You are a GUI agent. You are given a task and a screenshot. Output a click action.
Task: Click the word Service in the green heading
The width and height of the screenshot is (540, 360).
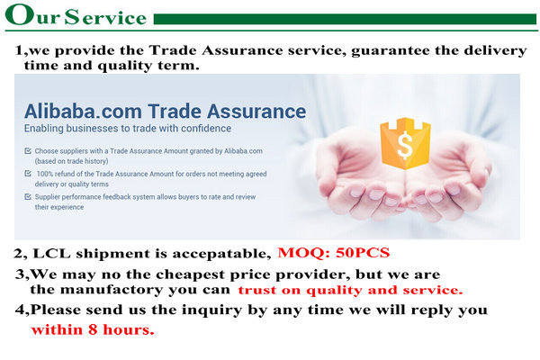click(x=105, y=17)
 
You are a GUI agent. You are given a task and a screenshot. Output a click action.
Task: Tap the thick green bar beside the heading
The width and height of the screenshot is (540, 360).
click(x=345, y=19)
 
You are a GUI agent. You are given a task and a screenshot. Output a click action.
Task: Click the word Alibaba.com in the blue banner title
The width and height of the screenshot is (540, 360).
click(x=83, y=112)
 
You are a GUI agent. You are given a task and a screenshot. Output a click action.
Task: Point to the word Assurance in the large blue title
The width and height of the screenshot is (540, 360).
click(x=256, y=112)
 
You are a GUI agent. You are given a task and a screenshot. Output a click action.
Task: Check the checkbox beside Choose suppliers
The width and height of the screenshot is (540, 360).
click(x=28, y=151)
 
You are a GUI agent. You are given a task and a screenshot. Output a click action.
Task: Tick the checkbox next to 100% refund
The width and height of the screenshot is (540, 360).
click(x=28, y=174)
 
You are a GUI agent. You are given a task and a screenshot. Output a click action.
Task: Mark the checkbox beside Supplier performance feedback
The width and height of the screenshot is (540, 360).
click(x=28, y=197)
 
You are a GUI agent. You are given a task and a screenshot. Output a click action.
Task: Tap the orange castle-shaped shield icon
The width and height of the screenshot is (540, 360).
click(x=405, y=143)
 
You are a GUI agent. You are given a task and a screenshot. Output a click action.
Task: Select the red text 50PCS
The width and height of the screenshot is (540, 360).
click(x=363, y=253)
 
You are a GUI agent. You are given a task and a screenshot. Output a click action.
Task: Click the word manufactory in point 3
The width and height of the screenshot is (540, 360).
click(x=112, y=290)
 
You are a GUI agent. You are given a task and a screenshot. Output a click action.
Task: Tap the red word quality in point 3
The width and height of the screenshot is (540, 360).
click(x=334, y=291)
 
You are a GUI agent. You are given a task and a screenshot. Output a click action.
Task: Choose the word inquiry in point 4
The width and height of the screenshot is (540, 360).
click(x=211, y=310)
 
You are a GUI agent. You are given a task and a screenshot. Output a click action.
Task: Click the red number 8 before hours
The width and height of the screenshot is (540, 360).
click(x=93, y=329)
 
